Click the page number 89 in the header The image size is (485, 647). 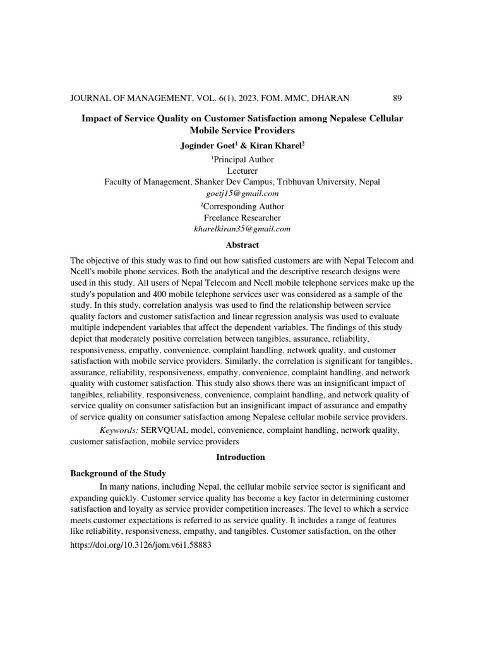[x=397, y=98]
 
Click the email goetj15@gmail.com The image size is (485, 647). [x=242, y=193]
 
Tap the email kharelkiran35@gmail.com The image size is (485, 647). [x=242, y=229]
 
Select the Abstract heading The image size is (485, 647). [x=242, y=245]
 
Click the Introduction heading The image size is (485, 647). [x=242, y=457]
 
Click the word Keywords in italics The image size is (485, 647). [x=119, y=430]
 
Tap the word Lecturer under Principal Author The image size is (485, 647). [x=242, y=171]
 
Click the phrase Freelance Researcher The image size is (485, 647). [x=242, y=218]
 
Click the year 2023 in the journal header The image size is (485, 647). [x=242, y=98]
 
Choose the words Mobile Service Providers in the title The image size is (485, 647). [x=242, y=131]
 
